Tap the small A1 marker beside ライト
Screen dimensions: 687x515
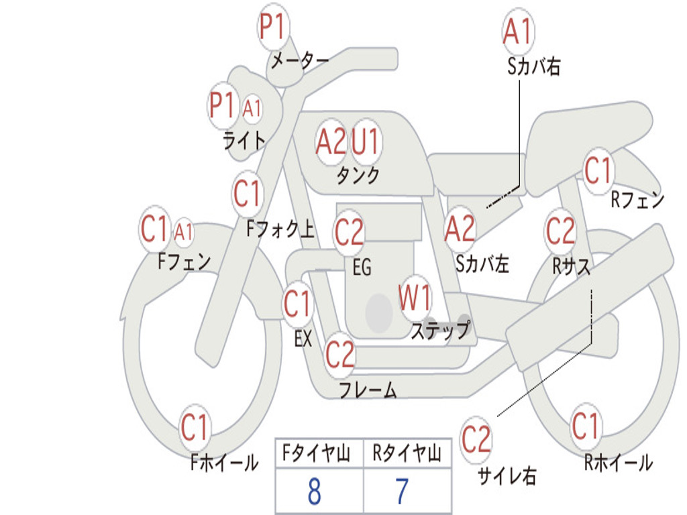(x=252, y=107)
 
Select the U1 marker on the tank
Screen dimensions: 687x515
(x=366, y=141)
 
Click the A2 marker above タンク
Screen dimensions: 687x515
(x=331, y=141)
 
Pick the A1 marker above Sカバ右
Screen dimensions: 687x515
(x=518, y=32)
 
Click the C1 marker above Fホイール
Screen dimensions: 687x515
(x=195, y=427)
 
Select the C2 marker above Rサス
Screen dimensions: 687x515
(x=560, y=231)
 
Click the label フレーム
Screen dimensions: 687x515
(x=368, y=390)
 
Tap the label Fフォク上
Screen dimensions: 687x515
(x=280, y=230)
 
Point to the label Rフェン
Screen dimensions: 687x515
(x=637, y=200)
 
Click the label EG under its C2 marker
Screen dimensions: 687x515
(x=362, y=268)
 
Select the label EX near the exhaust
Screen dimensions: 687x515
(x=303, y=339)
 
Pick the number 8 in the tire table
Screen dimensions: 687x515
(x=314, y=492)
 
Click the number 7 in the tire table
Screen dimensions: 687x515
(x=402, y=492)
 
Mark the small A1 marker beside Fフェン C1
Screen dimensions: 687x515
(x=183, y=232)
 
